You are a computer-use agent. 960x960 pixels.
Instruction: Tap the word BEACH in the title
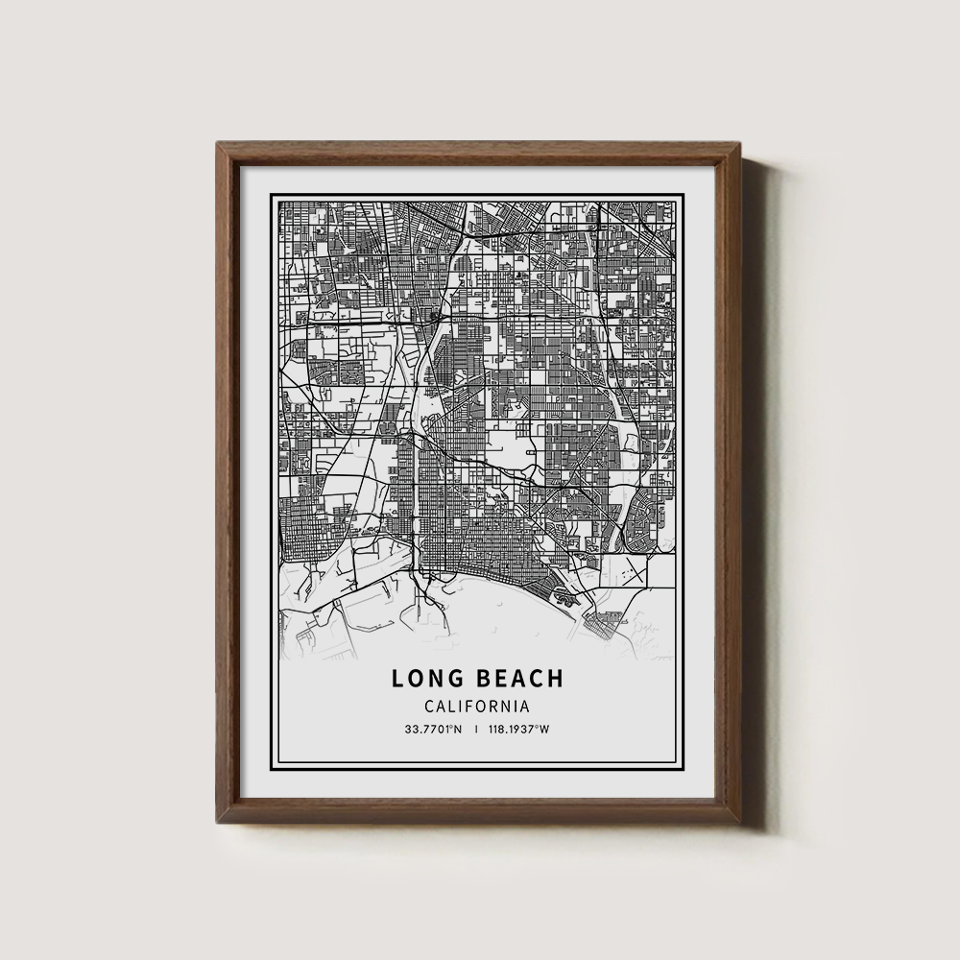pos(521,679)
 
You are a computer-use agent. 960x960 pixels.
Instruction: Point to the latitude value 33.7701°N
pos(433,729)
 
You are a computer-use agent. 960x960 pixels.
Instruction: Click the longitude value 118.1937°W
pos(520,729)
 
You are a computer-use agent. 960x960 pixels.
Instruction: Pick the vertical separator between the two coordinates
pos(477,729)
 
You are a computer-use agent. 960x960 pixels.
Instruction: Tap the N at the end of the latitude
pos(459,729)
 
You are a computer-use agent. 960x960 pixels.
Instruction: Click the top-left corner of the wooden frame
pos(219,144)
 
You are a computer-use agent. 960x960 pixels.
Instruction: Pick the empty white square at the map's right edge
pos(660,572)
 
